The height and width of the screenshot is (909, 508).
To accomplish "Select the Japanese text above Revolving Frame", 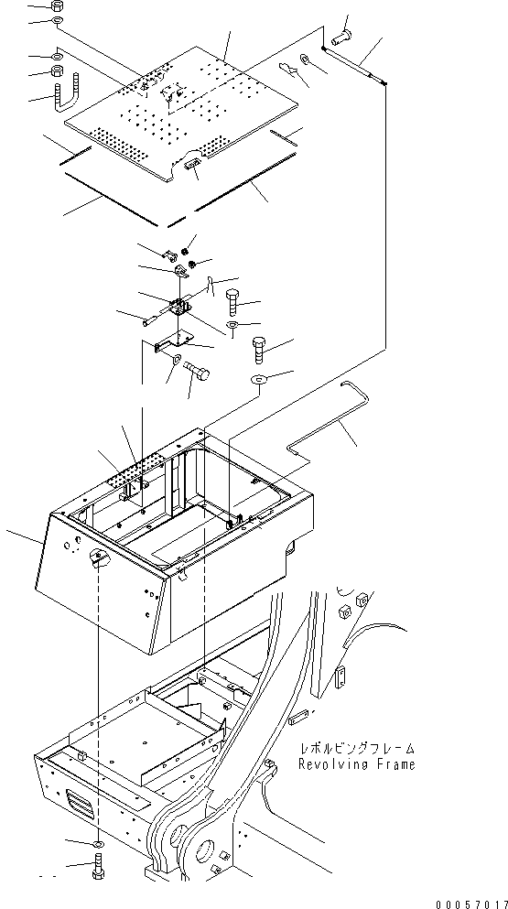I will (x=356, y=749).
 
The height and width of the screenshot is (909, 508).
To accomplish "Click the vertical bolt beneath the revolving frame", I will (x=98, y=865).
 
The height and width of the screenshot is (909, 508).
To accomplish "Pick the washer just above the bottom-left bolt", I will (x=98, y=840).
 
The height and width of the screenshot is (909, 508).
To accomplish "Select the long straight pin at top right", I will (x=354, y=66).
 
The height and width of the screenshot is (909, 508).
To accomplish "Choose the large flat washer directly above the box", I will (x=259, y=379).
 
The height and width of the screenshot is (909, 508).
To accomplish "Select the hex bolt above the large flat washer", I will (x=260, y=349).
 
